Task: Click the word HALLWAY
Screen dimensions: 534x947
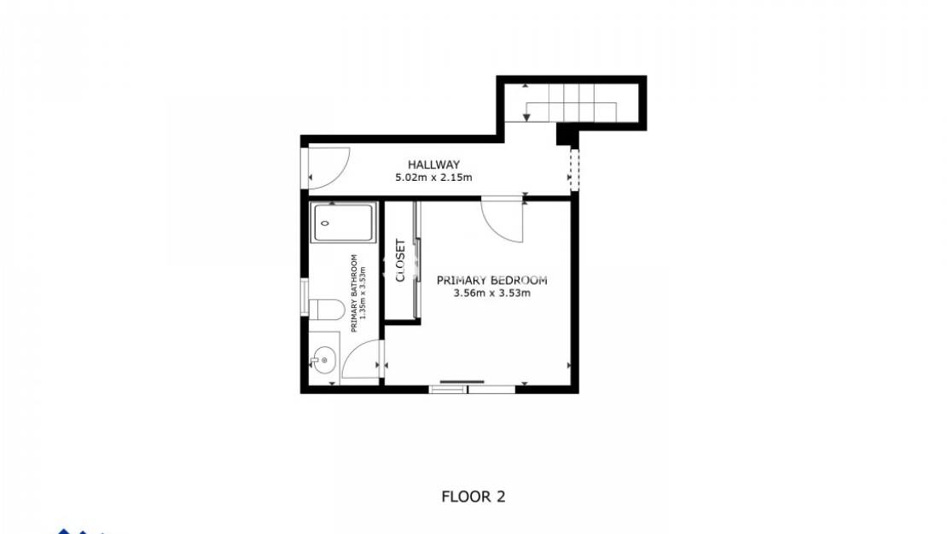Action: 433,165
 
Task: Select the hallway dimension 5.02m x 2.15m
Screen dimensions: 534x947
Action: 433,178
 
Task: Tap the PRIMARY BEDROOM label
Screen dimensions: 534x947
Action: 491,280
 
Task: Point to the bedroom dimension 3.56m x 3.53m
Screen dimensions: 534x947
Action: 491,293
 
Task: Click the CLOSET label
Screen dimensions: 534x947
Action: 400,260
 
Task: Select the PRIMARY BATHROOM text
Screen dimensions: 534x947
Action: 355,293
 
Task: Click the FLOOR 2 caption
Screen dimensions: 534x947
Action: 473,496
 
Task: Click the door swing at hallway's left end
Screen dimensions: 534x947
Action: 329,167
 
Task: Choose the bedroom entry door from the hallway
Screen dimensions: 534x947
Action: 503,219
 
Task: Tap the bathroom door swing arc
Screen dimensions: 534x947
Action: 359,357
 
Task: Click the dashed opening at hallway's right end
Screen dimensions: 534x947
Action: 574,169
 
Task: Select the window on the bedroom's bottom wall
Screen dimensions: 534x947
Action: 472,389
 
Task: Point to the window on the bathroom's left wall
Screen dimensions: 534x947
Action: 305,298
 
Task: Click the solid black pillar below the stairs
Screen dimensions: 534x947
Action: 566,134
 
